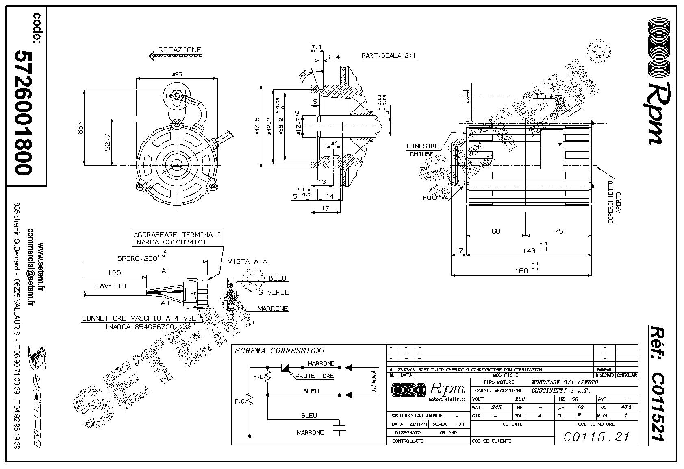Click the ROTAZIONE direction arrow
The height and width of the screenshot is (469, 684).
click(175, 56)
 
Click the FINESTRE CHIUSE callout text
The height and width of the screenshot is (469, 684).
click(422, 150)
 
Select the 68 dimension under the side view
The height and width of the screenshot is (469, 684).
click(496, 231)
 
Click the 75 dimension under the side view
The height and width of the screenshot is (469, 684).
click(558, 231)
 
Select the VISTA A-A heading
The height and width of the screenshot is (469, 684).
click(248, 262)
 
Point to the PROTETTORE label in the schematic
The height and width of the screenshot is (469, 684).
click(314, 376)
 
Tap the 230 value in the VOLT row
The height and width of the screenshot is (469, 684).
click(520, 399)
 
